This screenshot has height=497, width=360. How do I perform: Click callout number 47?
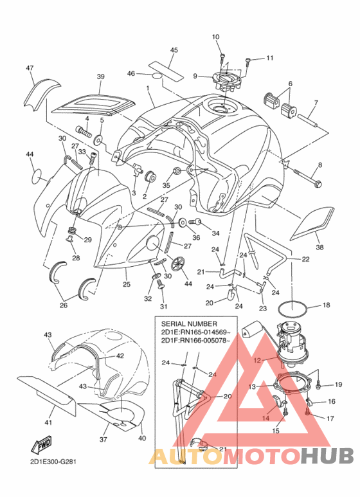(30, 68)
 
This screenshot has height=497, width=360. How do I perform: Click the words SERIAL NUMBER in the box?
(189, 324)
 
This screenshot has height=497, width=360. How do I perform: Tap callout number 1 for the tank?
(148, 87)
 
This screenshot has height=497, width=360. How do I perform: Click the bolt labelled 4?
(84, 131)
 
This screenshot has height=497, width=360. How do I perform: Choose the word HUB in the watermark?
(327, 456)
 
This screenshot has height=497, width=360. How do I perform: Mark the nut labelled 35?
(177, 172)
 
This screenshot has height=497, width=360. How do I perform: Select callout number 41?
(48, 422)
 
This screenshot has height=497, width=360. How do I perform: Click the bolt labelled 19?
(319, 385)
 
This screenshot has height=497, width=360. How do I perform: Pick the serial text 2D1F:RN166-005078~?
(196, 340)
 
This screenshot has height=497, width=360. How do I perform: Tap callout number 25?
(127, 284)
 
